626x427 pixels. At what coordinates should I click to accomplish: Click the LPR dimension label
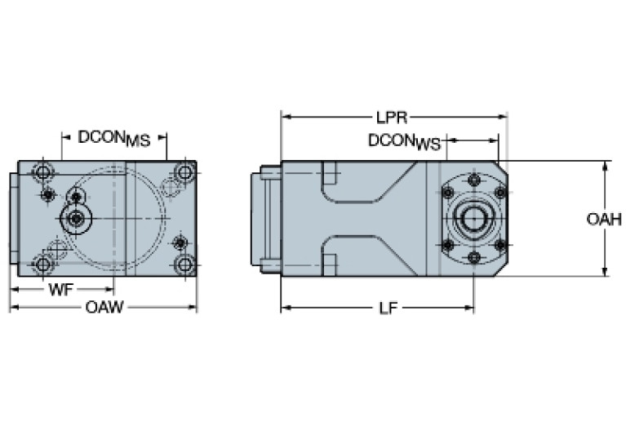393,117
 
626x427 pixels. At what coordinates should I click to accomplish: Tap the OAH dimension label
604,219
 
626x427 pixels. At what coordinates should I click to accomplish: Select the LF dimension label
388,309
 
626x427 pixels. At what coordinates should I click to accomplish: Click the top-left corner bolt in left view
40,172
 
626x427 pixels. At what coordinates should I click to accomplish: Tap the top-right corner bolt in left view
184,172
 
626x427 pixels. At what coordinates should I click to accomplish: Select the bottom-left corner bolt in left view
40,264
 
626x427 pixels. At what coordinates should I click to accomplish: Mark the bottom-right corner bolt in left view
184,264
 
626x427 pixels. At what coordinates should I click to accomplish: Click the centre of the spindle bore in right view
473,219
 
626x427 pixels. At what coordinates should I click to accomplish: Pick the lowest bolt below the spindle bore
474,257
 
